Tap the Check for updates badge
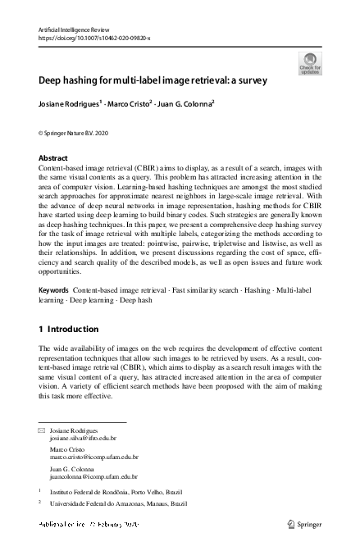(x=310, y=63)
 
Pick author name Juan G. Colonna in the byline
(x=188, y=105)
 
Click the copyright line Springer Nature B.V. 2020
(x=79, y=131)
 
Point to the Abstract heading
(x=54, y=157)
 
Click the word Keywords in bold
(x=55, y=291)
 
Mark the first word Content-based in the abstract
(x=63, y=166)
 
